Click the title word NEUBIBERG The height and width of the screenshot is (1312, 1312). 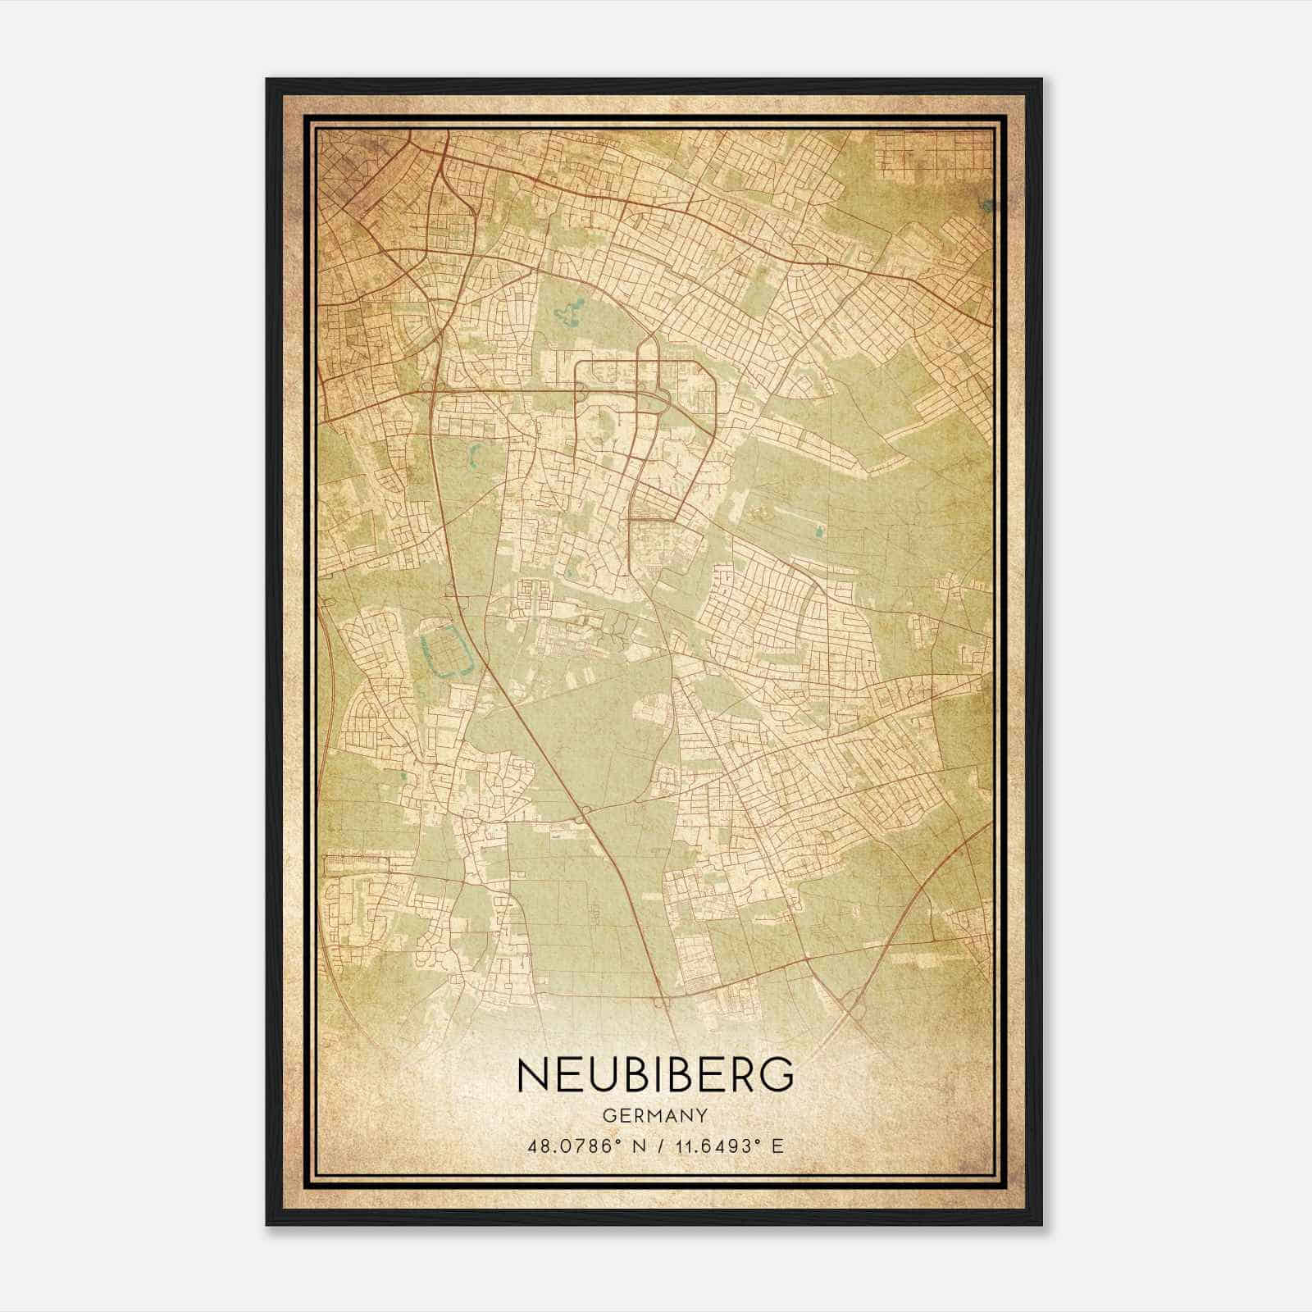[x=655, y=1075]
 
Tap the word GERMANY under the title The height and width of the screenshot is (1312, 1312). [x=655, y=1116]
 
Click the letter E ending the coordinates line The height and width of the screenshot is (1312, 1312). [x=778, y=1146]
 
